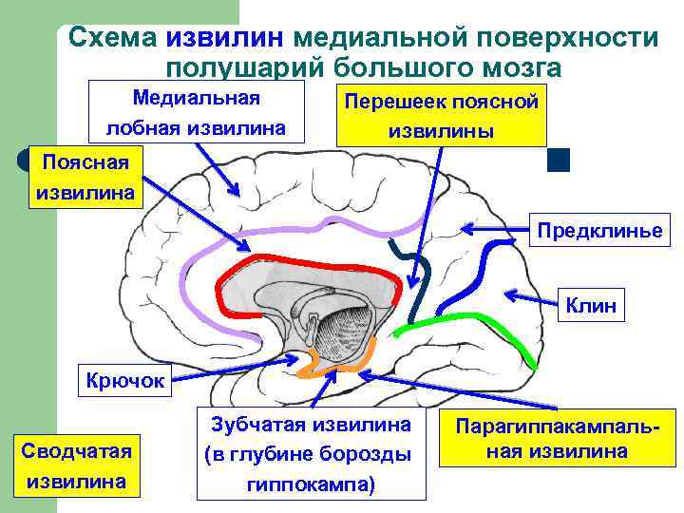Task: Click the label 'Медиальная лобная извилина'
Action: pos(197,112)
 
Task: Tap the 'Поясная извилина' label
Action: pos(85,177)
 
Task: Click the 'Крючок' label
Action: pos(124,382)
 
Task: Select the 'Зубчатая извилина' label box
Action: pos(312,454)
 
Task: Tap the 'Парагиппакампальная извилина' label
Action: pos(557,439)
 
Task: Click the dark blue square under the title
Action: pos(559,160)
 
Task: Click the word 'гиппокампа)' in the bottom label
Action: pos(312,485)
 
